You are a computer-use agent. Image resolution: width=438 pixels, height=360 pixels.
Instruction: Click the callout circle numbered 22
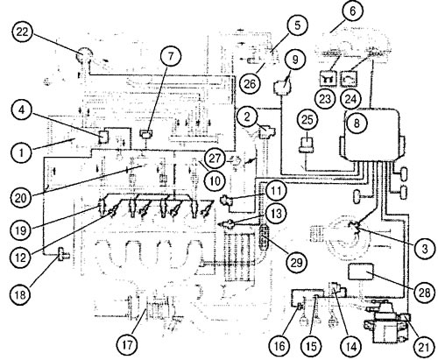pyautogui.click(x=23, y=32)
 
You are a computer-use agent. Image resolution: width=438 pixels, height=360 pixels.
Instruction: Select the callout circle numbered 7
pyautogui.click(x=171, y=56)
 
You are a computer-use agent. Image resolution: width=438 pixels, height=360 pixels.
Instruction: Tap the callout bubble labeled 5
pyautogui.click(x=297, y=25)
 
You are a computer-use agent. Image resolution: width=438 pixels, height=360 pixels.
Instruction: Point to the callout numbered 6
pyautogui.click(x=352, y=11)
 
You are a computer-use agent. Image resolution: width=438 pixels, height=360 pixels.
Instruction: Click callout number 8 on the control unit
pyautogui.click(x=357, y=123)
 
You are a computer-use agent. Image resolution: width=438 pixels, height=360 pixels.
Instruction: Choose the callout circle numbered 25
pyautogui.click(x=307, y=120)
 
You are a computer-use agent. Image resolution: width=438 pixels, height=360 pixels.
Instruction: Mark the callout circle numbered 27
pyautogui.click(x=215, y=159)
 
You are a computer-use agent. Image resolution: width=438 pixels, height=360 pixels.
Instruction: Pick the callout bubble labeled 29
pyautogui.click(x=296, y=263)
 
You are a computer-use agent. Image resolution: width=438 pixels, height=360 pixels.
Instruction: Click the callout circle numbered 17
pyautogui.click(x=128, y=345)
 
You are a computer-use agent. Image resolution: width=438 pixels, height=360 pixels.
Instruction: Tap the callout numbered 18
pyautogui.click(x=21, y=294)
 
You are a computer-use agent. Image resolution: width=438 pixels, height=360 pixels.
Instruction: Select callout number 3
pyautogui.click(x=425, y=249)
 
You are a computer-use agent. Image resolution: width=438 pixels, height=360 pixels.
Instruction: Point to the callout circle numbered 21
pyautogui.click(x=424, y=347)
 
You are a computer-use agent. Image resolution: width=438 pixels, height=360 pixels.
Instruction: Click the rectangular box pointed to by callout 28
pyautogui.click(x=361, y=272)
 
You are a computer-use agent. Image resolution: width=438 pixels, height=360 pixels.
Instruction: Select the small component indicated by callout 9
pyautogui.click(x=281, y=88)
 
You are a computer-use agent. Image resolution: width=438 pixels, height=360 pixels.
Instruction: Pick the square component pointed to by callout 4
pyautogui.click(x=103, y=137)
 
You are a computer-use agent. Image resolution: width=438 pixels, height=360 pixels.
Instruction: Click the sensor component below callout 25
pyautogui.click(x=307, y=145)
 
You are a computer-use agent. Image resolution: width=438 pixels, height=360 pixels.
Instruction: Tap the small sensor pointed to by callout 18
pyautogui.click(x=63, y=255)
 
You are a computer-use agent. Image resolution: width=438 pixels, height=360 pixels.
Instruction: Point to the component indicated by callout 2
pyautogui.click(x=266, y=131)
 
